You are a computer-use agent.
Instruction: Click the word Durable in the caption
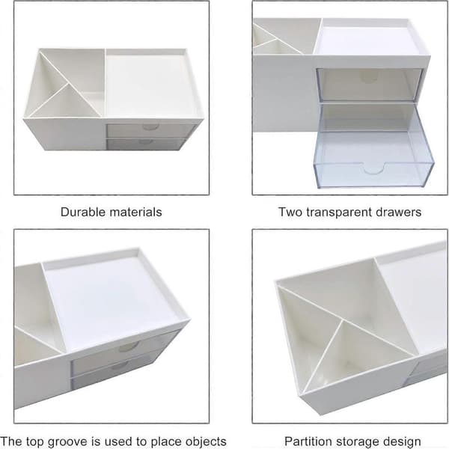83,213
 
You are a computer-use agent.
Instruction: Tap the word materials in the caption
136,213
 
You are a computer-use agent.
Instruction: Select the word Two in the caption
290,213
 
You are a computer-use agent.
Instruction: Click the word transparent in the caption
339,213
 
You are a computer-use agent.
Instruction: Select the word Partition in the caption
308,442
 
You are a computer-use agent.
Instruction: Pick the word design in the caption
401,442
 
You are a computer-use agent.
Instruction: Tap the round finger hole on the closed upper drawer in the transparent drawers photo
368,77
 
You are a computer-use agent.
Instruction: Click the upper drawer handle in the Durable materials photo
151,127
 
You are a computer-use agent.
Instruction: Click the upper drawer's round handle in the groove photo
129,346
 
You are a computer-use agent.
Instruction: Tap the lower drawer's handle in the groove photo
120,366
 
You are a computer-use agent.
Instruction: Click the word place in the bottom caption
165,442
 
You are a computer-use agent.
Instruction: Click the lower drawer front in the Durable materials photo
146,144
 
